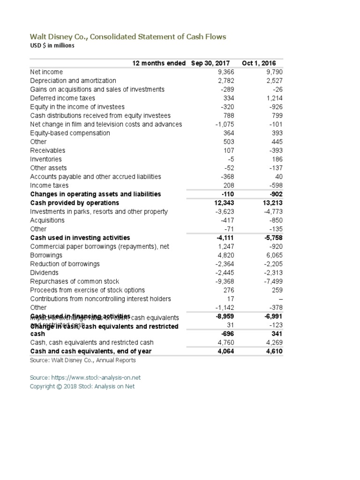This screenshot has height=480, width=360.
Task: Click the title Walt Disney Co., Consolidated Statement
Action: [x=128, y=37]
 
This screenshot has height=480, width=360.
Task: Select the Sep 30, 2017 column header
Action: [x=213, y=63]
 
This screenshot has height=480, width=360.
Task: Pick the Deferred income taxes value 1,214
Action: [x=274, y=98]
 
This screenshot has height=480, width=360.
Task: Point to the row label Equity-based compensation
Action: [x=70, y=133]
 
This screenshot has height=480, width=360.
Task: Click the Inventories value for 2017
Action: [x=230, y=159]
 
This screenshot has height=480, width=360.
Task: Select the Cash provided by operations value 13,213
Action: [x=271, y=203]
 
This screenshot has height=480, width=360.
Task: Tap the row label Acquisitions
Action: [x=47, y=220]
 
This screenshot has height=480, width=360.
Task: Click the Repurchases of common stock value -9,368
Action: [x=224, y=281]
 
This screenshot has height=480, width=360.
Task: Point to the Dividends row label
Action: [x=44, y=273]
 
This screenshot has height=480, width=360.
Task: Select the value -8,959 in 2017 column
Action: [x=224, y=316]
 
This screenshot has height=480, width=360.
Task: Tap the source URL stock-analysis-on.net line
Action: [x=85, y=377]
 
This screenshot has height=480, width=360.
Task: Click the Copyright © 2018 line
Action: [x=82, y=386]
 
